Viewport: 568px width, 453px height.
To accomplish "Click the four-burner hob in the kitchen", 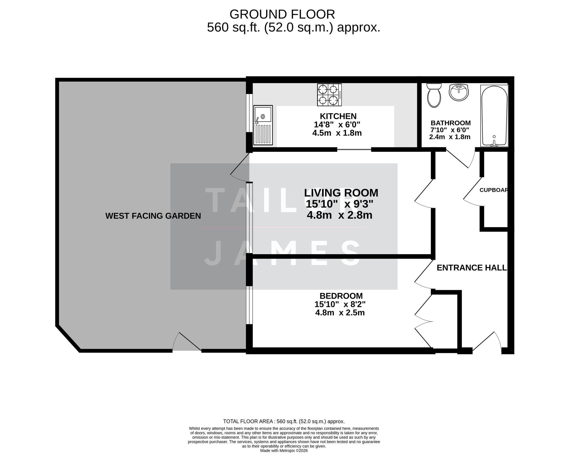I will (329, 95).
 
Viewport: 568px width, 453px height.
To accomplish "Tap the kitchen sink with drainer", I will (263, 125).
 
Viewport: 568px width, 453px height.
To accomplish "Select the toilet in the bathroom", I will (434, 95).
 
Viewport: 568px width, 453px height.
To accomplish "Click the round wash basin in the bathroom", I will (458, 92).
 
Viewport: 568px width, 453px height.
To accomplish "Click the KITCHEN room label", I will (338, 116).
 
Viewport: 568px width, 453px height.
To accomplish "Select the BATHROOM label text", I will (450, 123).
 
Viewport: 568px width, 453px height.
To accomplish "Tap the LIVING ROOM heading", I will (341, 193).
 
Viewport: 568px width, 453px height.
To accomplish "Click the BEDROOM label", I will (341, 296).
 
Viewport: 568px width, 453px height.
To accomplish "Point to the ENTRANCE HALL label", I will (471, 268).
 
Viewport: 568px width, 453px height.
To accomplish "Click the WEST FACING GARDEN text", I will (153, 216).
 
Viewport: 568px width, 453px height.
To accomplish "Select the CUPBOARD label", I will (494, 190).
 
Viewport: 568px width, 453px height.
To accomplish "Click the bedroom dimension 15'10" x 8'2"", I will (340, 304).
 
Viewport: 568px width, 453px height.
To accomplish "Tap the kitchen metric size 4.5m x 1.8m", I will (337, 133).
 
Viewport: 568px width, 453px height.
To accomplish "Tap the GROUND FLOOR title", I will (282, 14).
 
